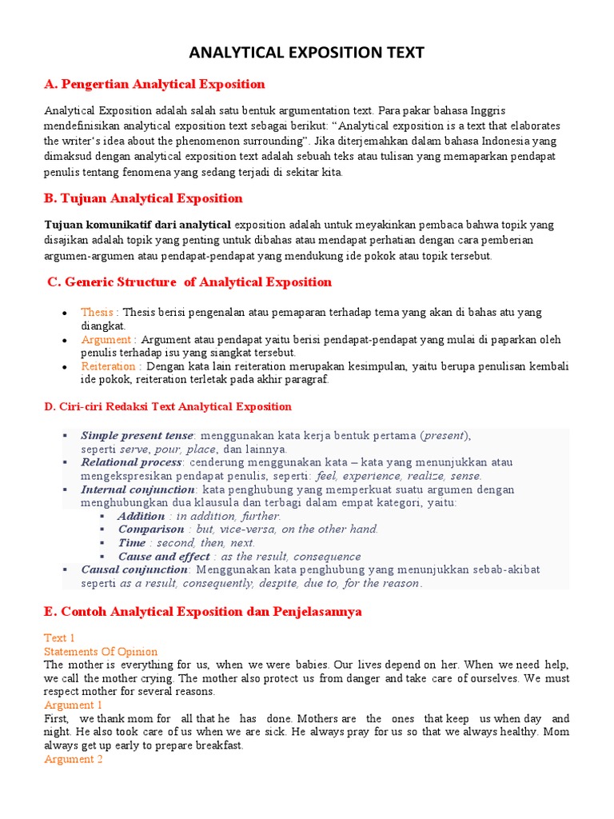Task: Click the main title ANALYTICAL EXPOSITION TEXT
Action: [307, 54]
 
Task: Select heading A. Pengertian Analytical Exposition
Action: [154, 84]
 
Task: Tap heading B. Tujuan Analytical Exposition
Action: [143, 198]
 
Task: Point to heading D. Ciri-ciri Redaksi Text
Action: [168, 406]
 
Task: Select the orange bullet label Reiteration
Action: [108, 366]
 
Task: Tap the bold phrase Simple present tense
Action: [137, 435]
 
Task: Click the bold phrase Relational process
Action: [131, 462]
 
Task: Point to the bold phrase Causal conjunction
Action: [134, 569]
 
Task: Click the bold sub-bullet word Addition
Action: [142, 516]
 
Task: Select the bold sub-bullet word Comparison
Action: [150, 529]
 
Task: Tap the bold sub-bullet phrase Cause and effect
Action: [164, 556]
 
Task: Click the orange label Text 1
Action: [58, 638]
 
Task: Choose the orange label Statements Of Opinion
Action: [101, 652]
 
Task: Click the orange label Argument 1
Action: [74, 705]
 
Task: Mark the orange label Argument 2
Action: [74, 759]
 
